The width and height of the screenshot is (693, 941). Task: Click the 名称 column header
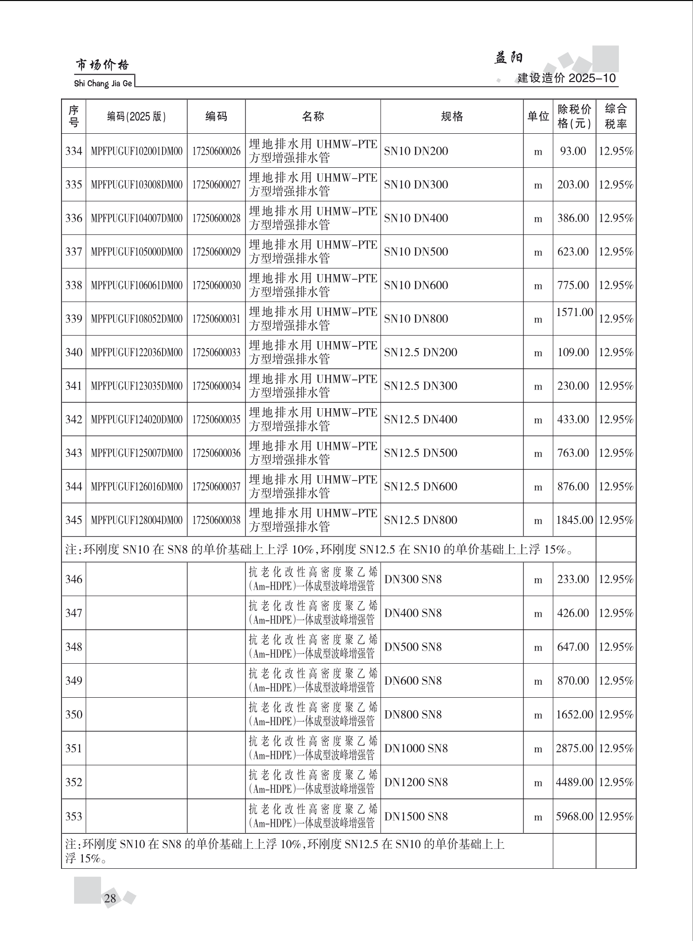pyautogui.click(x=313, y=117)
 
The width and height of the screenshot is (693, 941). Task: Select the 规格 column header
pyautogui.click(x=452, y=117)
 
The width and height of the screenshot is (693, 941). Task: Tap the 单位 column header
pyautogui.click(x=538, y=117)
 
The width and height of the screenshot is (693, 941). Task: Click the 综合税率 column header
pyautogui.click(x=616, y=117)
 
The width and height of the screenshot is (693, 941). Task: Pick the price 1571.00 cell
pyautogui.click(x=574, y=312)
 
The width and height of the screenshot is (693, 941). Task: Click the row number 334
pyautogui.click(x=74, y=151)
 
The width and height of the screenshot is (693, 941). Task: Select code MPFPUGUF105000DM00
pyautogui.click(x=136, y=252)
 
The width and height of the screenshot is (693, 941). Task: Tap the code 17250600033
pyautogui.click(x=216, y=352)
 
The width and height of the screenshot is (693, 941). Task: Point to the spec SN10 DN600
pyautogui.click(x=416, y=285)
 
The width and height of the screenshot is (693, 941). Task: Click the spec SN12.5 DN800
pyautogui.click(x=421, y=520)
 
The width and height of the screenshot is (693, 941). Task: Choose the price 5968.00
pyautogui.click(x=574, y=817)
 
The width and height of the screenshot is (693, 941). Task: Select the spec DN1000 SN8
pyautogui.click(x=416, y=749)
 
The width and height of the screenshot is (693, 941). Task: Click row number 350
pyautogui.click(x=74, y=714)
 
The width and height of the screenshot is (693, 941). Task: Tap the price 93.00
pyautogui.click(x=573, y=151)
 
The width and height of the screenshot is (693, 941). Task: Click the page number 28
pyautogui.click(x=110, y=898)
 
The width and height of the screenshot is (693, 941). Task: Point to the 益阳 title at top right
pyautogui.click(x=508, y=58)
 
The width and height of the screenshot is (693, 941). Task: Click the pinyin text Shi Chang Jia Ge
pyautogui.click(x=103, y=84)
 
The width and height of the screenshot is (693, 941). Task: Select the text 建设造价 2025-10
pyautogui.click(x=567, y=78)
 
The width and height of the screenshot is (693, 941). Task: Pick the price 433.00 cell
pyautogui.click(x=573, y=419)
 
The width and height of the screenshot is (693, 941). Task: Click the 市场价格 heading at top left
pyautogui.click(x=102, y=65)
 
